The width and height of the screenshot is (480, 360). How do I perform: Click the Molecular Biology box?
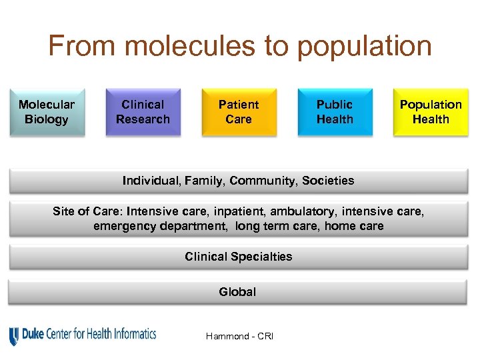(x=47, y=112)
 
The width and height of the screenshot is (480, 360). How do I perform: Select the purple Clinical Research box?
(x=143, y=112)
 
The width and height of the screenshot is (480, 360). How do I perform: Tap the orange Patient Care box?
(x=239, y=112)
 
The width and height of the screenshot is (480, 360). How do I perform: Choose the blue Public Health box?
(x=335, y=112)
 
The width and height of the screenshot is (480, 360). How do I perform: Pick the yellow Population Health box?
(x=431, y=112)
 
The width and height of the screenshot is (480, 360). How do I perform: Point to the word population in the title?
(x=364, y=47)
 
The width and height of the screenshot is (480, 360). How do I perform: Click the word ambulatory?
(x=303, y=211)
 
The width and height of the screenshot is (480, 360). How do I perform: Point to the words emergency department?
(x=161, y=226)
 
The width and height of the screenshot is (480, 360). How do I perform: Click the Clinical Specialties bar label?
(x=239, y=257)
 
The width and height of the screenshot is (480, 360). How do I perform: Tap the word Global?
(x=237, y=292)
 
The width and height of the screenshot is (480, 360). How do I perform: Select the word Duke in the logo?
(x=34, y=334)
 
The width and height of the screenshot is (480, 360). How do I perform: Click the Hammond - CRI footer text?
(x=239, y=336)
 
